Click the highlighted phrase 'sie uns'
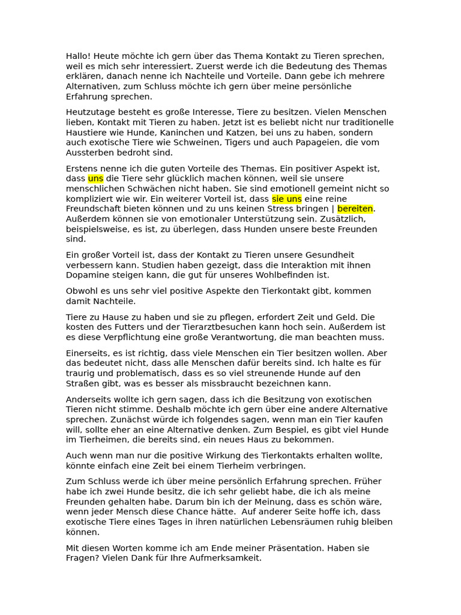(x=287, y=199)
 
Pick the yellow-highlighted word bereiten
(x=355, y=209)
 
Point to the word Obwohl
(x=82, y=291)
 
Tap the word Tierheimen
(x=98, y=440)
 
